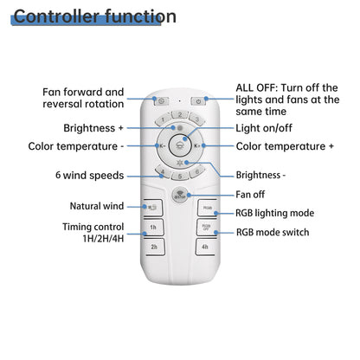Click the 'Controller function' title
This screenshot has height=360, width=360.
95,16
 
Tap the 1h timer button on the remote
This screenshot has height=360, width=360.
153,228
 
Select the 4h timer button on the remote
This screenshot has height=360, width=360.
205,247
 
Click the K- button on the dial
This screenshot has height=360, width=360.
161,146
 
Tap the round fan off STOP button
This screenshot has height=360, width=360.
179,196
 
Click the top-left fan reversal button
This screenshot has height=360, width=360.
161,101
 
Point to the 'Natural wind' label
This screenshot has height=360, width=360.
95,206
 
